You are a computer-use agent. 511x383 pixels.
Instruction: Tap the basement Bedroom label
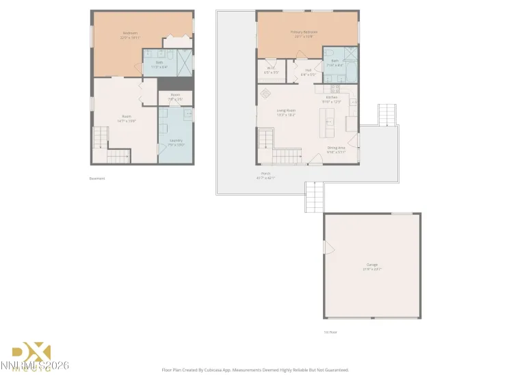pos(130,33)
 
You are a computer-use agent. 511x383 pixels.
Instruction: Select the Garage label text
pos(372,265)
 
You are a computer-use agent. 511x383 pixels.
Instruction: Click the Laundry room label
pos(176,141)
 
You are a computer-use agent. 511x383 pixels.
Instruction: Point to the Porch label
pos(265,174)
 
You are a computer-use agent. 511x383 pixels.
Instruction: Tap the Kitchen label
pos(332,98)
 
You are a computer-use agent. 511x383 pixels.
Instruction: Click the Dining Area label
pos(336,148)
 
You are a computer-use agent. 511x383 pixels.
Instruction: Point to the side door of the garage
pos(324,246)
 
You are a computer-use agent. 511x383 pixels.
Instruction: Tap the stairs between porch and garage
pos(313,199)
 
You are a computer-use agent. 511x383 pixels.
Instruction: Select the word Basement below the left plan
pos(97,179)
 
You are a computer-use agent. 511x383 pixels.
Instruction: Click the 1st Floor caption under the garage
pos(330,332)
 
